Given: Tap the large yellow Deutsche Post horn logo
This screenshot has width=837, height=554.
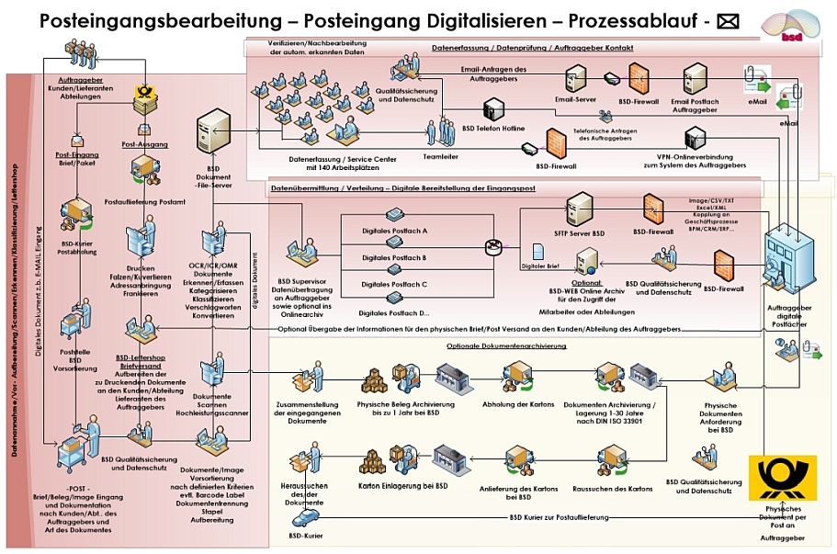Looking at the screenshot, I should (x=782, y=478).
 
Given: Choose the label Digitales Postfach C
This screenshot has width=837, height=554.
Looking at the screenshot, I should (x=394, y=285).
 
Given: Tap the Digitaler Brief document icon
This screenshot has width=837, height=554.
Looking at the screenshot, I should (x=539, y=251).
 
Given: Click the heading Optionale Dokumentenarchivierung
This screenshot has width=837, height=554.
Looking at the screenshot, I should (x=506, y=345).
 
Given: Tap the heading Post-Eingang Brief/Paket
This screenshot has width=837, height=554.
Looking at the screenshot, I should (x=77, y=159).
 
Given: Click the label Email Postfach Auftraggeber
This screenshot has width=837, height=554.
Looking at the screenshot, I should (x=694, y=105).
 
